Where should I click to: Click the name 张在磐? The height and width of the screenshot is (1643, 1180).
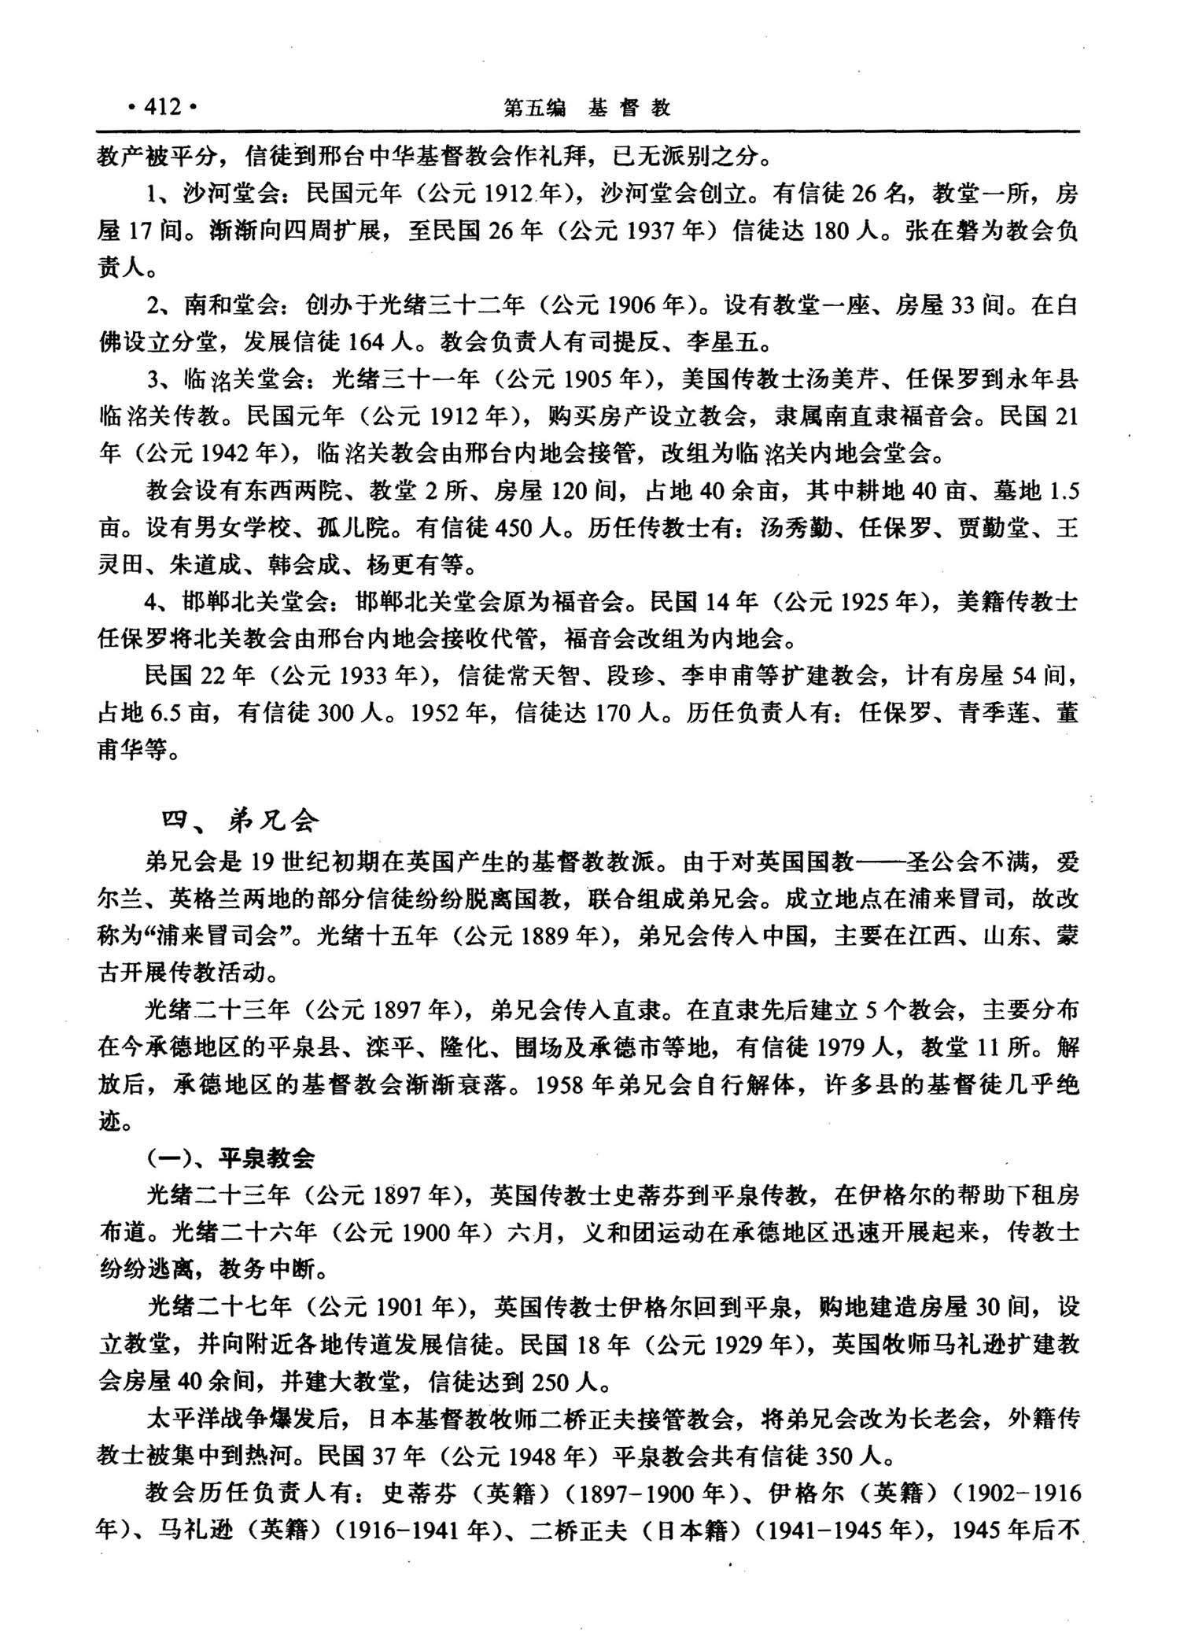pos(943,231)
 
